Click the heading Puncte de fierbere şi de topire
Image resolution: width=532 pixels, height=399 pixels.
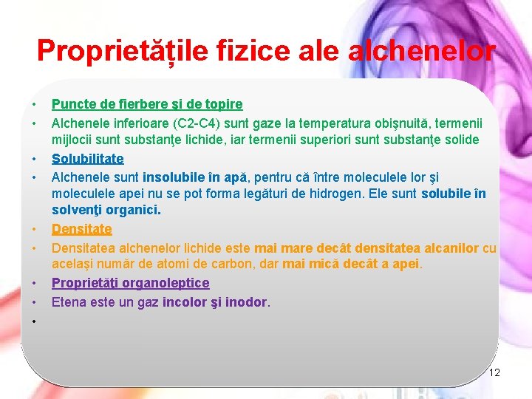click(x=147, y=105)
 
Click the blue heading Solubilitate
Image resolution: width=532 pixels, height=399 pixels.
click(x=88, y=159)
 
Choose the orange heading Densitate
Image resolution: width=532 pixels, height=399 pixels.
click(x=82, y=230)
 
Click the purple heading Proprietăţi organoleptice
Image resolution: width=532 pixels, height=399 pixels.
click(x=131, y=283)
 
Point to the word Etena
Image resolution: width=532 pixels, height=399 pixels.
click(x=68, y=301)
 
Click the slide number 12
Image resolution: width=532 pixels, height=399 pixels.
click(x=494, y=372)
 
